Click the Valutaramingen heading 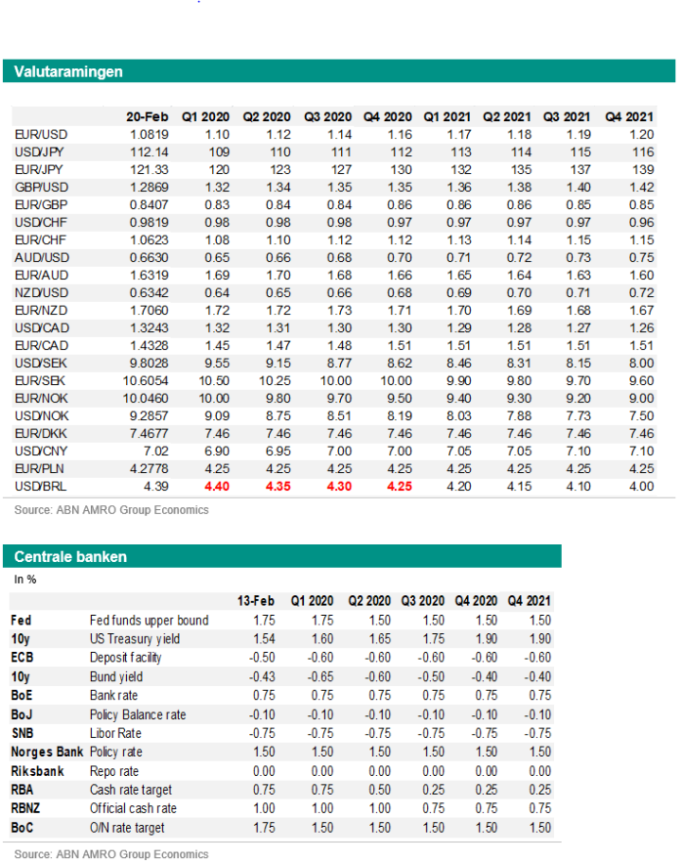click(x=68, y=72)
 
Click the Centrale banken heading click(x=70, y=557)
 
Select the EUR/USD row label click(x=41, y=134)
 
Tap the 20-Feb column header click(x=147, y=117)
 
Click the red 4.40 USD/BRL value click(x=217, y=486)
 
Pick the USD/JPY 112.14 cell click(x=149, y=152)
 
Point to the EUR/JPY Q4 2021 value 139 click(x=643, y=170)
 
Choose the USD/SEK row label click(x=41, y=363)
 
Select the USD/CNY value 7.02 click(x=155, y=451)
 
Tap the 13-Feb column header click(x=256, y=601)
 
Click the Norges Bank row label click(x=46, y=752)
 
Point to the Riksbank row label click(x=38, y=771)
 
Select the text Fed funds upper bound click(x=149, y=621)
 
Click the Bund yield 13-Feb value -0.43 click(x=262, y=677)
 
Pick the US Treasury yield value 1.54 click(x=264, y=639)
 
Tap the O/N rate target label click(x=127, y=828)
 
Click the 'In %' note click(x=26, y=579)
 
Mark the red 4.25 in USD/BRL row click(x=399, y=486)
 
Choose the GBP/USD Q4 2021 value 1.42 click(x=641, y=187)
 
